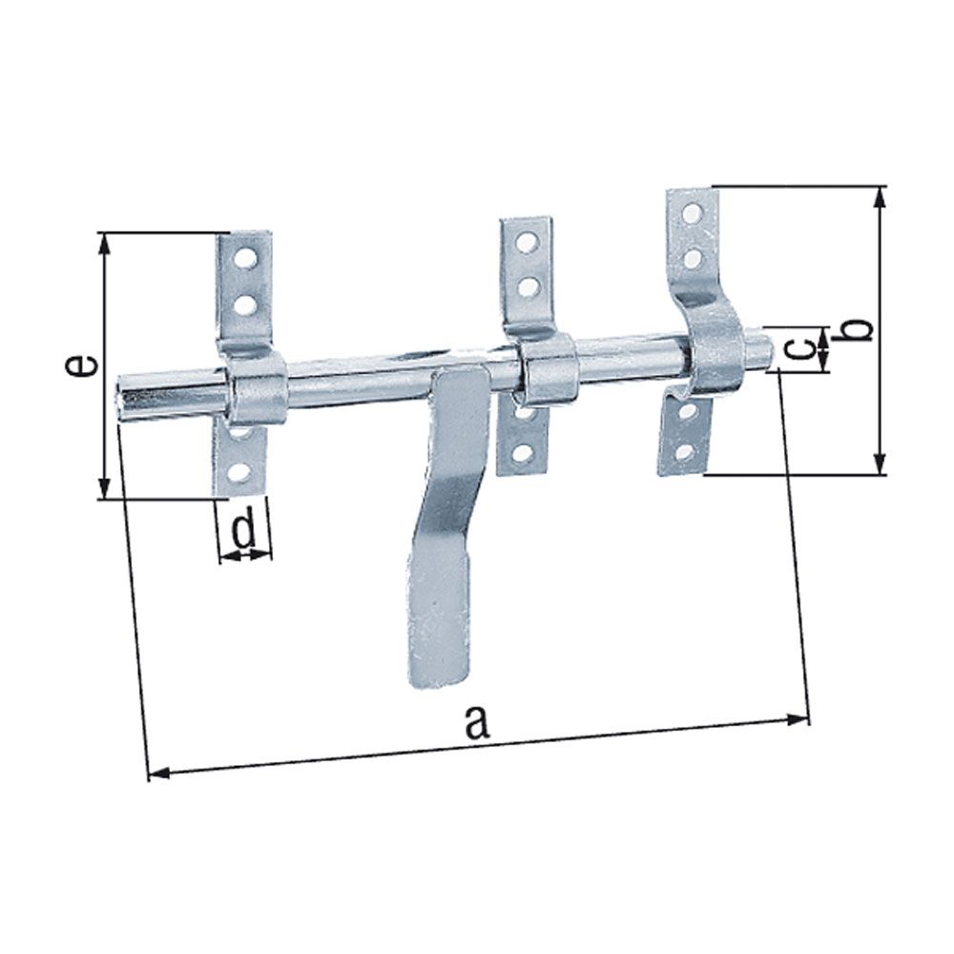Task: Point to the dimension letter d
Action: [x=244, y=529]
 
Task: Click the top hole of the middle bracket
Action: [x=525, y=242]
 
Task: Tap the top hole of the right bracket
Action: [x=695, y=211]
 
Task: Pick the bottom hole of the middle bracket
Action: [x=521, y=452]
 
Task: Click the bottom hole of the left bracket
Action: [x=240, y=470]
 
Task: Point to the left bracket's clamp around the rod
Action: [x=256, y=394]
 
